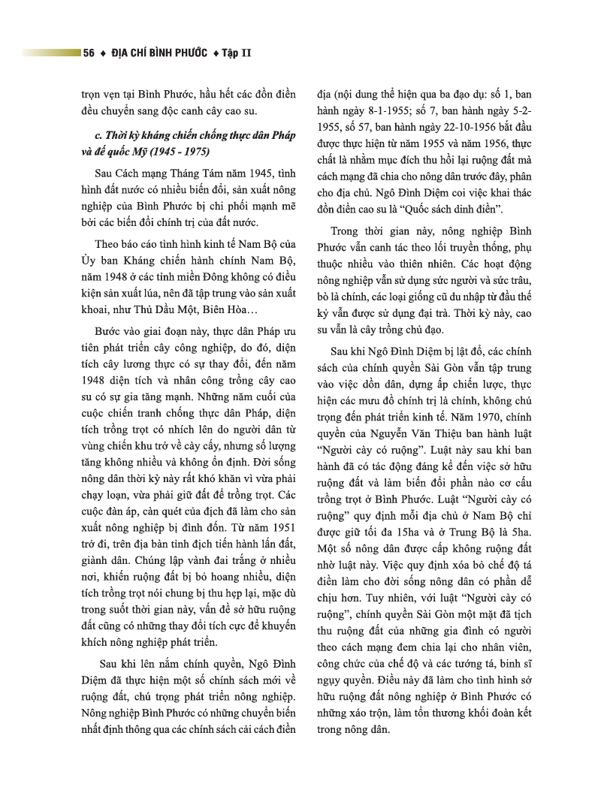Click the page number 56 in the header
click(88, 53)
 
